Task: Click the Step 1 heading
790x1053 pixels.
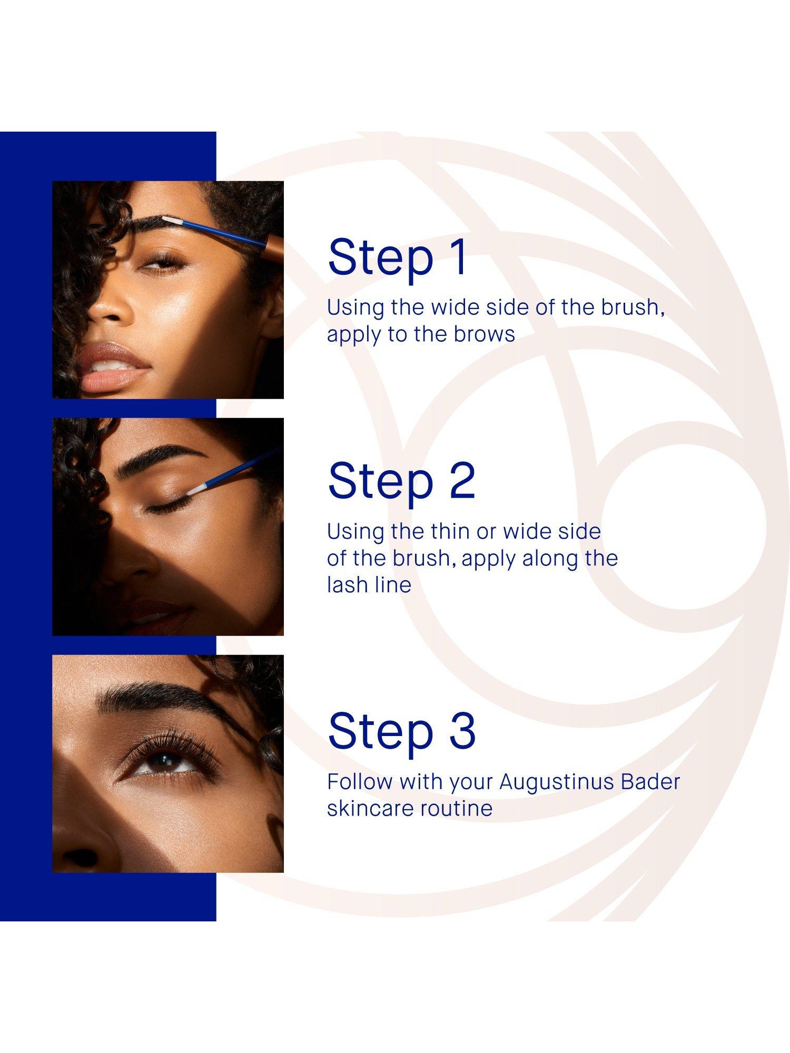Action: (x=397, y=257)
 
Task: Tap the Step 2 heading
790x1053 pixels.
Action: (x=401, y=481)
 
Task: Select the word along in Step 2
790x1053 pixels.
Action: (x=546, y=558)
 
